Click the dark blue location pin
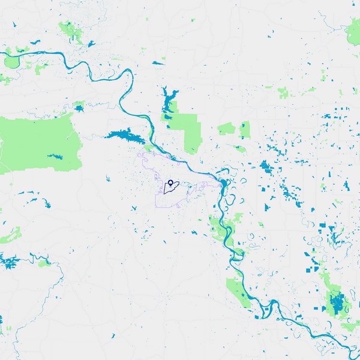(x=170, y=182)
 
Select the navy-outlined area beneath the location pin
(x=169, y=189)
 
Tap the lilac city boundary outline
(x=142, y=157)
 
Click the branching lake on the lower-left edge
(x=9, y=262)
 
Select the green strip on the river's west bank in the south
(x=237, y=292)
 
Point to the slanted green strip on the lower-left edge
(x=10, y=235)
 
